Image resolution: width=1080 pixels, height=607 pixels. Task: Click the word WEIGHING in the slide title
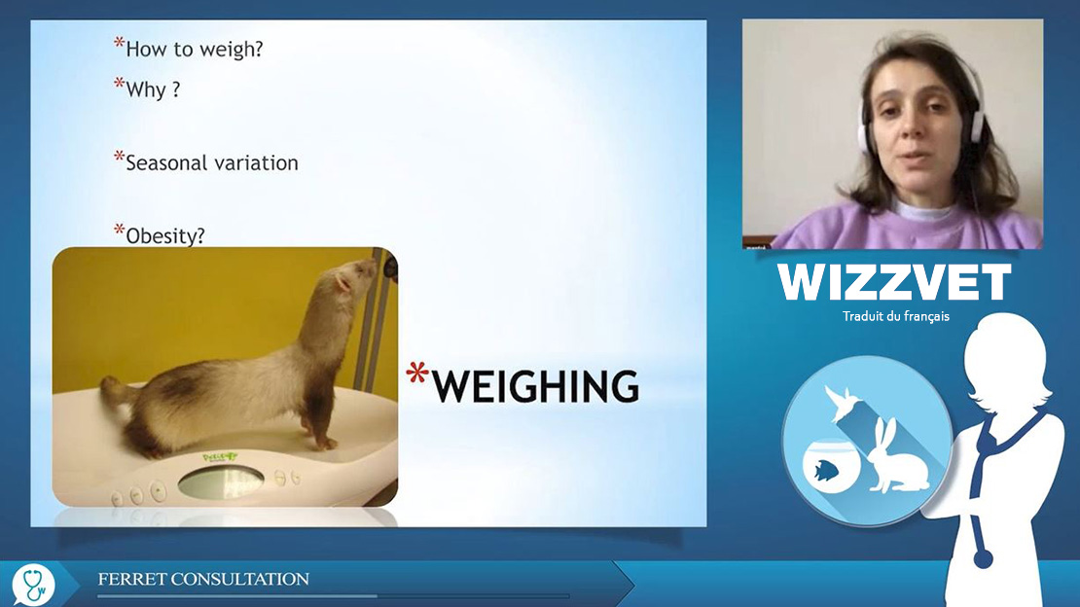(535, 386)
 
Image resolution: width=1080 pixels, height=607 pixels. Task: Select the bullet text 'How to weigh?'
(195, 50)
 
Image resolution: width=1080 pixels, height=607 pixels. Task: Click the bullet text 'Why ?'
(153, 89)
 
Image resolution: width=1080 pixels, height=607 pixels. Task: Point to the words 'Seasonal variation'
(212, 162)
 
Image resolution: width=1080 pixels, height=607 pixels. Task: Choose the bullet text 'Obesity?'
(165, 235)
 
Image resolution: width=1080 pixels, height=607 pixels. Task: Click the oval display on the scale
(221, 482)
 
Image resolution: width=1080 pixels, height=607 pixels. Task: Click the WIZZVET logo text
(895, 282)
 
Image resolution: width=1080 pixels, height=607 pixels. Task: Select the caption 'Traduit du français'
(895, 316)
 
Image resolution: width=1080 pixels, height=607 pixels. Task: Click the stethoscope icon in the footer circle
(33, 585)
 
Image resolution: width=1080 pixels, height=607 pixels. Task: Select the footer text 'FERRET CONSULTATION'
(203, 579)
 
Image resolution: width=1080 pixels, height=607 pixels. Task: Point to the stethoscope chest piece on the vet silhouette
(983, 558)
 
